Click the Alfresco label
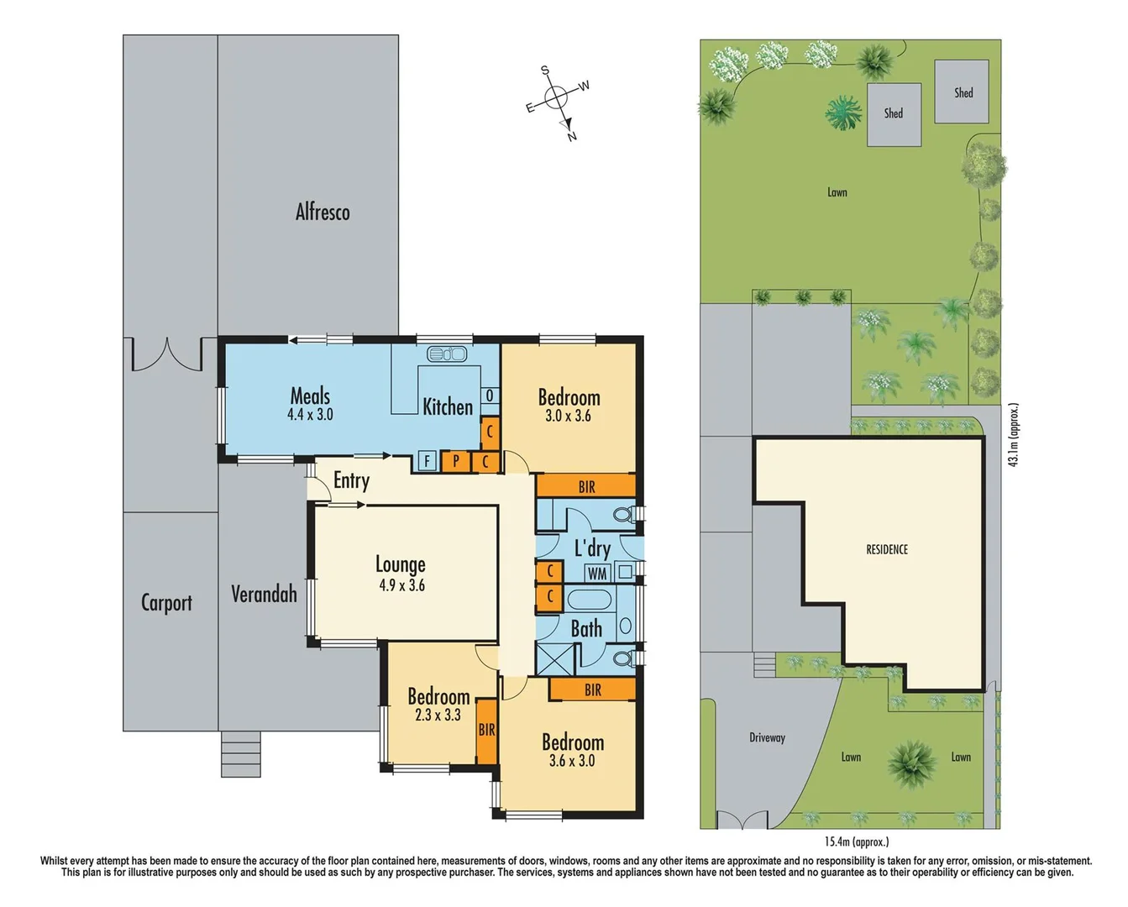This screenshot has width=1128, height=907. tap(323, 212)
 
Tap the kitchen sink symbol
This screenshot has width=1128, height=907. tap(447, 354)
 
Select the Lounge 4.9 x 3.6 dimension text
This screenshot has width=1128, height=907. tap(401, 585)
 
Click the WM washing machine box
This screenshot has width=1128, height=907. tap(597, 574)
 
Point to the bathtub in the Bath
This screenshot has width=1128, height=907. tap(590, 600)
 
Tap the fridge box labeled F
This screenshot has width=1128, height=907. tap(428, 460)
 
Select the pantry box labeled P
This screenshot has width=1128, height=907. tap(455, 460)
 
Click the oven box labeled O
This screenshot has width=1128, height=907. tap(490, 396)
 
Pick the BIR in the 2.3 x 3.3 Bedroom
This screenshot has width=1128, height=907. tap(486, 731)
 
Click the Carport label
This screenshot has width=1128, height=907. tap(166, 603)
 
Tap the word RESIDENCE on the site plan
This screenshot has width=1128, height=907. tap(887, 549)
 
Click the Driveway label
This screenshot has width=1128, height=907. tap(767, 737)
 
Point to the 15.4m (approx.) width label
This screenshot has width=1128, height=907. tap(856, 841)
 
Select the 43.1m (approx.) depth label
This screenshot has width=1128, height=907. tap(1014, 435)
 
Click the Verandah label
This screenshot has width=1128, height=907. tap(264, 595)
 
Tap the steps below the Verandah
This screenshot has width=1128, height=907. tap(240, 753)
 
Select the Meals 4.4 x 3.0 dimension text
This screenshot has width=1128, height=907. tap(310, 414)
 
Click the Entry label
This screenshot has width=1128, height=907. tap(351, 480)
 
